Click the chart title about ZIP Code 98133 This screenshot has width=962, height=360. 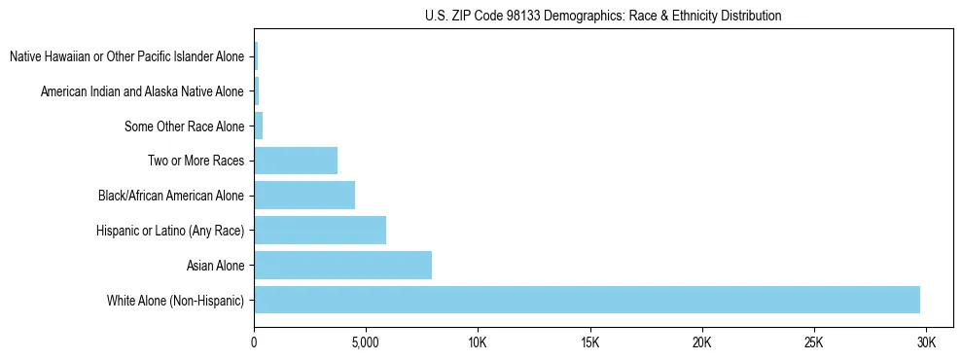click(x=603, y=16)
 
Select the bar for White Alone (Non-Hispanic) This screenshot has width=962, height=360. click(x=587, y=300)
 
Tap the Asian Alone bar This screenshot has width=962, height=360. click(x=342, y=265)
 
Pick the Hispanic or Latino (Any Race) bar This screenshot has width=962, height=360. click(x=320, y=230)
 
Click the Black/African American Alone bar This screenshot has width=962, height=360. click(x=304, y=195)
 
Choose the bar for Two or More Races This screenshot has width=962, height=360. click(x=296, y=161)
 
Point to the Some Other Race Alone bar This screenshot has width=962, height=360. click(x=259, y=126)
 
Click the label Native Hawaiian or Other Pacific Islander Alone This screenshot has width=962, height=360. click(x=127, y=56)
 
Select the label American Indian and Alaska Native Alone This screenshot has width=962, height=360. click(x=143, y=91)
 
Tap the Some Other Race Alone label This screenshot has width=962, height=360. click(x=185, y=126)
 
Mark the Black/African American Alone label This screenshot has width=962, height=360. click(x=171, y=196)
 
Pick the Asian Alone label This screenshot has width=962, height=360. click(x=216, y=265)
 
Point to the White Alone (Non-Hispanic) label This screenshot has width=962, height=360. click(x=176, y=300)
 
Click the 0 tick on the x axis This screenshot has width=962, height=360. click(x=254, y=342)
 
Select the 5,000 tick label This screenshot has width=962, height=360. click(x=366, y=342)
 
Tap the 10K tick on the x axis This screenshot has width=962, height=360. click(x=478, y=342)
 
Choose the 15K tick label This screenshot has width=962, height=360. click(x=589, y=342)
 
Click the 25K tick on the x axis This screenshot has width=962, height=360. click(x=814, y=342)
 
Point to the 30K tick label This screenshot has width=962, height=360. click(x=926, y=342)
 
